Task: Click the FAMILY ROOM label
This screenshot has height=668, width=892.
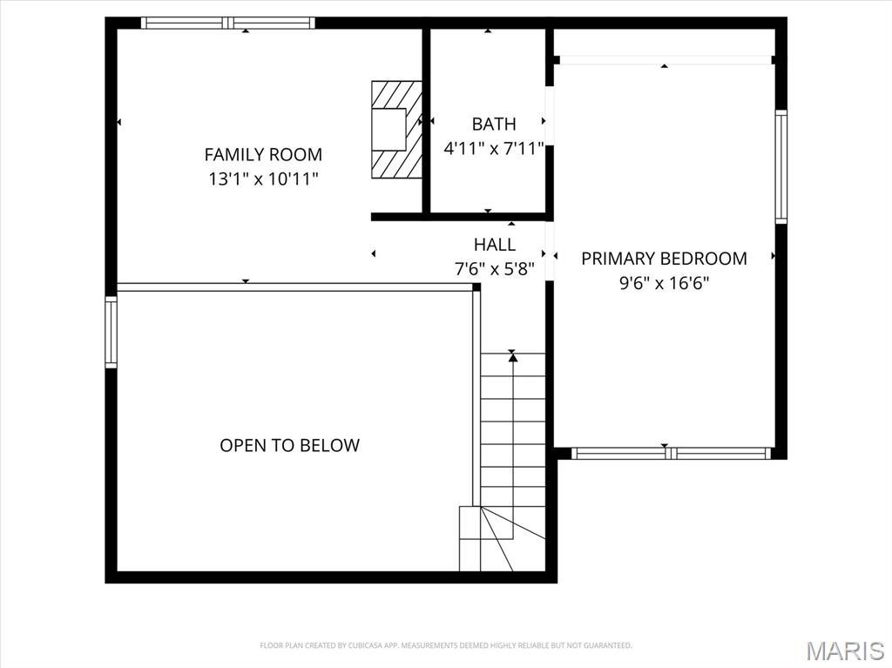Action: [x=263, y=155]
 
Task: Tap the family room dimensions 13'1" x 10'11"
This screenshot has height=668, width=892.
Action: [x=263, y=179]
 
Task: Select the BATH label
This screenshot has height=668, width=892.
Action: [x=494, y=125]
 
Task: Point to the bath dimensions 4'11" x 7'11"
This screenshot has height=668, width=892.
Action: [x=494, y=149]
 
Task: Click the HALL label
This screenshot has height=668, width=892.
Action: [x=495, y=245]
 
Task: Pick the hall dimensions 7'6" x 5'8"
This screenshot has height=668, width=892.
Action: [x=495, y=269]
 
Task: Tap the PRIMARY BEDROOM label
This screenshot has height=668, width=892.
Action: [x=664, y=259]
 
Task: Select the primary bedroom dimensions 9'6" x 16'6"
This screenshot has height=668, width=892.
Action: [x=664, y=283]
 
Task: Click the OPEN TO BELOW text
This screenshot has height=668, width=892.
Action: [x=289, y=446]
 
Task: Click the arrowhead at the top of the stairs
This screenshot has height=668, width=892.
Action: [x=513, y=356]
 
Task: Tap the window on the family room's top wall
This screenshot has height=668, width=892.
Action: [x=227, y=24]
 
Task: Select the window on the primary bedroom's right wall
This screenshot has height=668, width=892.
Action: [x=781, y=166]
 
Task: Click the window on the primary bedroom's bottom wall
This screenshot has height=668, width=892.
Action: [x=671, y=453]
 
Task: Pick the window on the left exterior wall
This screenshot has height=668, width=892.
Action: [x=111, y=332]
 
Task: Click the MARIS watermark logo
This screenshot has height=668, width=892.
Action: [x=846, y=651]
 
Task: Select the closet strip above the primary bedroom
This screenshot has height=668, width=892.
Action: [x=664, y=44]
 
